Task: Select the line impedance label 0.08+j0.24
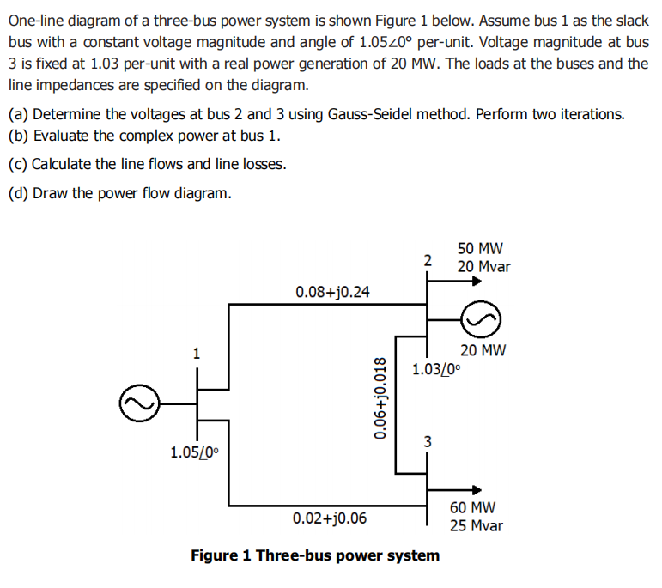[x=332, y=292]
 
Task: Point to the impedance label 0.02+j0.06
[x=329, y=518]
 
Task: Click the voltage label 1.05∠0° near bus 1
[x=194, y=452]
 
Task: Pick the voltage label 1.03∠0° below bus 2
[x=436, y=370]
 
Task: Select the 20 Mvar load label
[x=483, y=266]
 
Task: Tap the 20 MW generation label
[x=483, y=349]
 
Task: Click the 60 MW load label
[x=472, y=508]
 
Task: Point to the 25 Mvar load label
[x=477, y=525]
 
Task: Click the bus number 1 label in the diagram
[x=197, y=352]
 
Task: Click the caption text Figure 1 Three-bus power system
[x=315, y=555]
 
